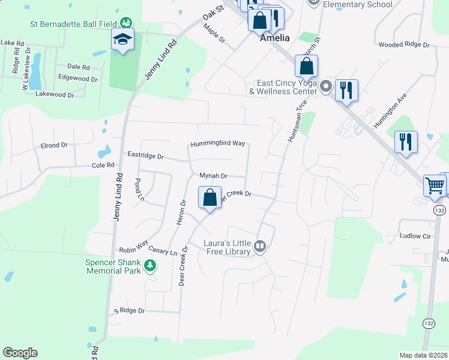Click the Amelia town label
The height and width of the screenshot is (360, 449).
point(274,38)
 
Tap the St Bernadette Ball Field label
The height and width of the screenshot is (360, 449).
point(74,25)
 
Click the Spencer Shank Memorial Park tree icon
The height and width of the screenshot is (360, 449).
point(150,265)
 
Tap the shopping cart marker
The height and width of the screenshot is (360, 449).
point(435,185)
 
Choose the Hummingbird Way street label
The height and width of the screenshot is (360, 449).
point(218,144)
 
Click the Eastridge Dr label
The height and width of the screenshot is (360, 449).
point(145,155)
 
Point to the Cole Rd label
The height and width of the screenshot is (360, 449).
point(103,165)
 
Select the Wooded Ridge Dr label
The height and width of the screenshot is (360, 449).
point(405,44)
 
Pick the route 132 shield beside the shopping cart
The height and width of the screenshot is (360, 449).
point(439,211)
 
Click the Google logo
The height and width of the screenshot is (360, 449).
point(20,353)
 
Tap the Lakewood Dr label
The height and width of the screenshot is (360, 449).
point(55,94)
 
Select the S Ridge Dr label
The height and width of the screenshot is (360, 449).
point(130,311)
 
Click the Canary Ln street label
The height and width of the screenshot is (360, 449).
point(166,253)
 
